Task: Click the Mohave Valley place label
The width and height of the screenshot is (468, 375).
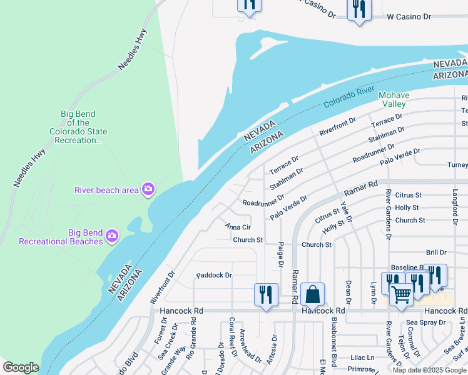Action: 394,99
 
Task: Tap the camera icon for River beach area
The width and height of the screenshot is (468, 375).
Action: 148,189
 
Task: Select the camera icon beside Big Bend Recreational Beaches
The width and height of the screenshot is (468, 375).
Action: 111,235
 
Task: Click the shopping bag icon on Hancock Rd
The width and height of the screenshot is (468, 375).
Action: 312,294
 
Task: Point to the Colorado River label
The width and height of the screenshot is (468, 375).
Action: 348,97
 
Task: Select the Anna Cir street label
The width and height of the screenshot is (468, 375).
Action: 238,227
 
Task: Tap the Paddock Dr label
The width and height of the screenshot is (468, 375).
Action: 214,274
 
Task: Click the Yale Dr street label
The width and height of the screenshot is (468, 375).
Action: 347,213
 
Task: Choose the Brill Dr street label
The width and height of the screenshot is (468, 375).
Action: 435,252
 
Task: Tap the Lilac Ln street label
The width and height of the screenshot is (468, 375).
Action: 362,357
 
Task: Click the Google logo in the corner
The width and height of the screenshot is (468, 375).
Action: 21,367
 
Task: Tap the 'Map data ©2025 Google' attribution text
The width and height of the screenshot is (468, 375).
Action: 429,370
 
